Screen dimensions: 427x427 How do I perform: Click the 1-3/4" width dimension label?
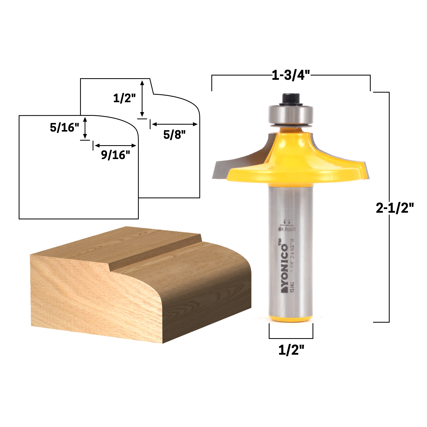(x=291, y=75)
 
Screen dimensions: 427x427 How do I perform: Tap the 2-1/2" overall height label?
(x=394, y=208)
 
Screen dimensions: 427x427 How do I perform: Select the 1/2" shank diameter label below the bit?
(x=291, y=350)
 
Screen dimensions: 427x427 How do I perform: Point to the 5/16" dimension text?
(x=65, y=128)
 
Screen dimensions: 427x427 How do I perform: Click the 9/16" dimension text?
(x=115, y=155)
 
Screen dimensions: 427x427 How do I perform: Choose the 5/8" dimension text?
(x=174, y=135)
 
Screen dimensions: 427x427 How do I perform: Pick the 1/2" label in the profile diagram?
(x=124, y=98)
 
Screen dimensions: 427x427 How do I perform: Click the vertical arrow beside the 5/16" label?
(x=85, y=128)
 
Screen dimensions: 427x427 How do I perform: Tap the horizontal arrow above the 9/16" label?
(x=115, y=145)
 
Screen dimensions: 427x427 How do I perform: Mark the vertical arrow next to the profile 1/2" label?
(x=142, y=98)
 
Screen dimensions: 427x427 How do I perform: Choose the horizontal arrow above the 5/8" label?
(x=175, y=124)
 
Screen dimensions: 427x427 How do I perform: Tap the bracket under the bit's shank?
(x=291, y=337)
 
